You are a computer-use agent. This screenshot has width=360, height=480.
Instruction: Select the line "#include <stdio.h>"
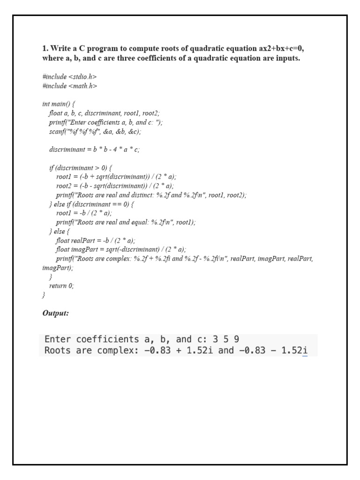coord(69,76)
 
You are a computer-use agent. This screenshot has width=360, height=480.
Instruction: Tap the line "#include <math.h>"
coord(69,86)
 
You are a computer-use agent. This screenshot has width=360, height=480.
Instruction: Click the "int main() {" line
coord(59,104)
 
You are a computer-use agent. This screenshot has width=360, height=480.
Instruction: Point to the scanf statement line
coord(95,132)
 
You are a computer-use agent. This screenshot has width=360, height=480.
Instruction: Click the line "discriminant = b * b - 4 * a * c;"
coord(94,150)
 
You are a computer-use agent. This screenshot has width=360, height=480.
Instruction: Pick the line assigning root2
coord(115,186)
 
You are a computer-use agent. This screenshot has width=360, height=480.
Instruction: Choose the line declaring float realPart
coord(95,240)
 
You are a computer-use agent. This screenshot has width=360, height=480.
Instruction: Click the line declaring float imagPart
coord(121,249)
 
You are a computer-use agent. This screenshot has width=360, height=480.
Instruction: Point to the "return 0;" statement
coord(61,285)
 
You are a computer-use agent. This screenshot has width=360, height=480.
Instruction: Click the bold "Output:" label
coord(55,313)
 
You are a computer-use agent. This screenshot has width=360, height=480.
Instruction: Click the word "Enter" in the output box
coord(58,339)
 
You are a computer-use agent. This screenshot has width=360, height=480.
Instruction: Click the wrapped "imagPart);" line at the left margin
coord(58,268)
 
